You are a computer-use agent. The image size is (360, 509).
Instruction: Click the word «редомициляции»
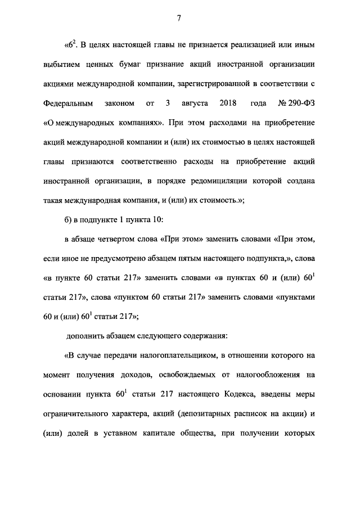click(x=232, y=182)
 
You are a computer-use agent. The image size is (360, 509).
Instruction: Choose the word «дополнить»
click(x=84, y=336)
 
